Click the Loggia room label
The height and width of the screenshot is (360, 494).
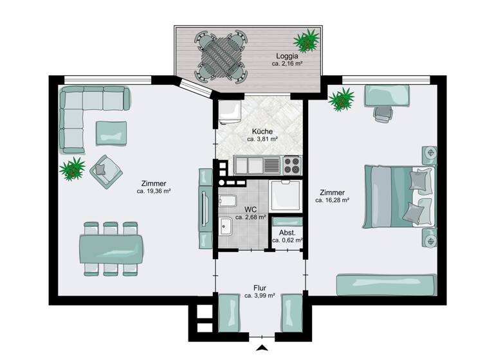[x=287, y=56]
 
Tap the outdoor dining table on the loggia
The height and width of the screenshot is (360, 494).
[x=222, y=56]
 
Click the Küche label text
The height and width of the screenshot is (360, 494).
[x=262, y=130]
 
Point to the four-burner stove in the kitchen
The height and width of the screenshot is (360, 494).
[x=291, y=165]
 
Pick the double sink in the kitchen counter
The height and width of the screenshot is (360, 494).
[x=257, y=165]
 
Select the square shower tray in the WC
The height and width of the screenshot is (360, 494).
[x=285, y=195]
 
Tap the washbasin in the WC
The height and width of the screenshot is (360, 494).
[x=226, y=226]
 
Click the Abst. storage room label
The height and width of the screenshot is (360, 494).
[x=286, y=232]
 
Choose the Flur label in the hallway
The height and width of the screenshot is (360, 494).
[x=260, y=288]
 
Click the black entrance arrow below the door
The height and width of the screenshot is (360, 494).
[x=262, y=348]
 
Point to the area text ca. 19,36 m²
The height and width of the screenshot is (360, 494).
[x=153, y=191]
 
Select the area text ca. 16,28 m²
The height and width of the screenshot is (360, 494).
[x=332, y=201]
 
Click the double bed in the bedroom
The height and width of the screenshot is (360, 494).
[x=397, y=196]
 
